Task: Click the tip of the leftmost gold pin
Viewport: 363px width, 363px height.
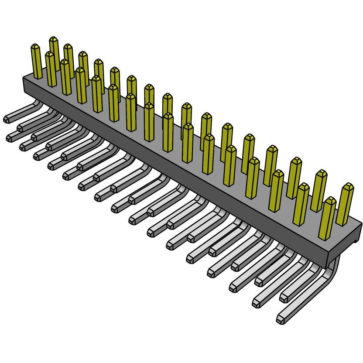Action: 36,47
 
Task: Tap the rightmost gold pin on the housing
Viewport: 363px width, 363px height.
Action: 346,204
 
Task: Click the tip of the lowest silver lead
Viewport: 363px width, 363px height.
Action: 281,319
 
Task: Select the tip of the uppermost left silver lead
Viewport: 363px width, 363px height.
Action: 7,119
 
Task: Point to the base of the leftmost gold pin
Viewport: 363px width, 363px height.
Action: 38,75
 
